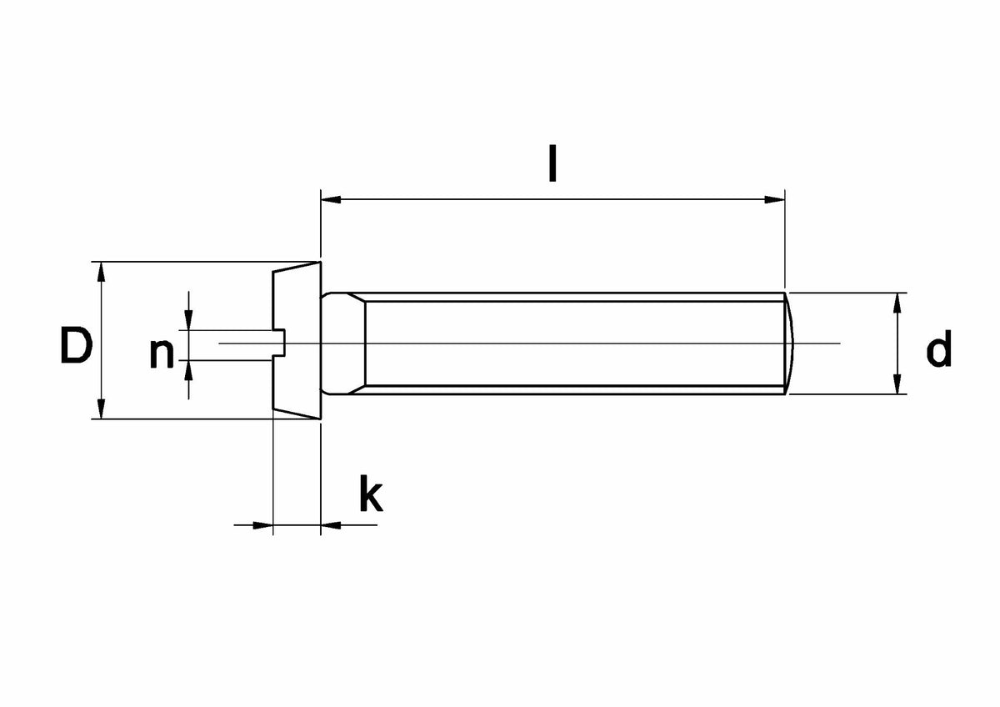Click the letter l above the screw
pyautogui.click(x=552, y=163)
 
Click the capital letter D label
pyautogui.click(x=77, y=345)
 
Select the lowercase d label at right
pyautogui.click(x=939, y=348)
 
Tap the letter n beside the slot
pyautogui.click(x=162, y=354)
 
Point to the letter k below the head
pyautogui.click(x=371, y=494)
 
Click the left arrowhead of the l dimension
pyautogui.click(x=331, y=199)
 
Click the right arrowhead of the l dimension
pyautogui.click(x=774, y=199)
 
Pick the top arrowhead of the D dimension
pyautogui.click(x=102, y=272)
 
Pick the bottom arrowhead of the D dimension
pyautogui.click(x=102, y=409)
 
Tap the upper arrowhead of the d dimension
pyautogui.click(x=897, y=303)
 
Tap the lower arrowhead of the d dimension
pyautogui.click(x=897, y=384)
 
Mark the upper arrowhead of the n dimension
pyautogui.click(x=188, y=320)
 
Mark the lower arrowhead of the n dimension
pyautogui.click(x=188, y=370)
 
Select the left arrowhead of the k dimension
pyautogui.click(x=263, y=525)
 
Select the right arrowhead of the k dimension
pyautogui.click(x=331, y=525)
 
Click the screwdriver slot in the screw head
pyautogui.click(x=278, y=343)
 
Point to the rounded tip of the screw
pyautogui.click(x=790, y=343)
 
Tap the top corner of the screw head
pyautogui.click(x=320, y=262)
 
